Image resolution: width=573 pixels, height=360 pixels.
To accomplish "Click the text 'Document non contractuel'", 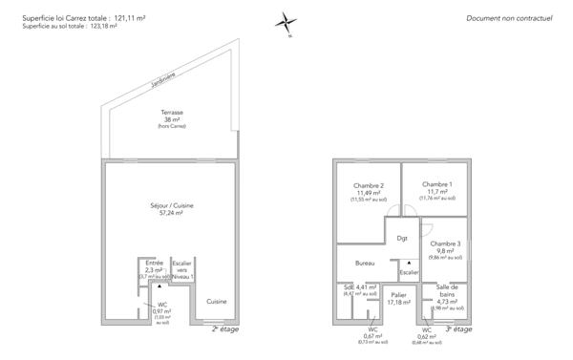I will coord(509,18).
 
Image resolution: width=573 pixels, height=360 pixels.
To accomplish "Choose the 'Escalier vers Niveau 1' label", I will coord(181,269).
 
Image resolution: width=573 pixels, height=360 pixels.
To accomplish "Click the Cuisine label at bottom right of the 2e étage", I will coord(215,302).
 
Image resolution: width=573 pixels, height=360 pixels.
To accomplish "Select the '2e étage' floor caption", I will coord(224,328).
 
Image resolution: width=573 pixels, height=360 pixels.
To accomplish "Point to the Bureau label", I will coord(364,263).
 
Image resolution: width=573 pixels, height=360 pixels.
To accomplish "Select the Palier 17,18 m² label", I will coord(398,299).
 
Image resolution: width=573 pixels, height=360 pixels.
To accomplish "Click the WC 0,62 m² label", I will coord(427,334).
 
